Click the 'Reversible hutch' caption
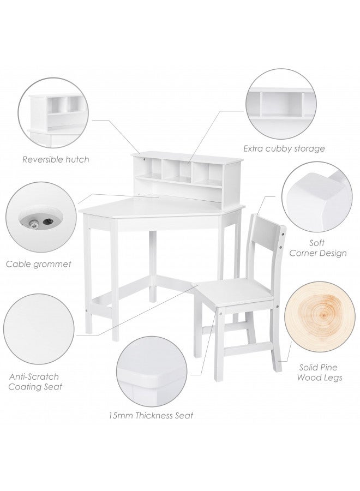tap(55, 160)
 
